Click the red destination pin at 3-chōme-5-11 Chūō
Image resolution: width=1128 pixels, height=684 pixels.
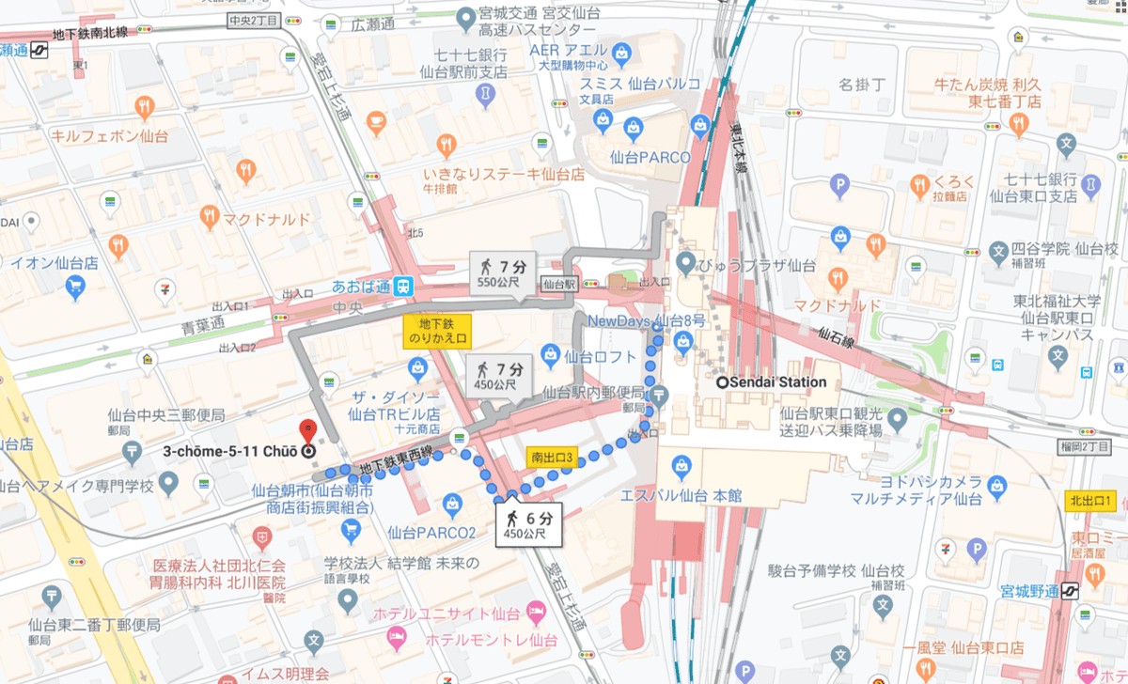point(306,433)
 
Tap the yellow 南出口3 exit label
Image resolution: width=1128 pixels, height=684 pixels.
point(550,459)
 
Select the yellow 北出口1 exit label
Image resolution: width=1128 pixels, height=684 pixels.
point(1089,501)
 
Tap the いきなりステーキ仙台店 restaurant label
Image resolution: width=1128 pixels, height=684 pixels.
point(504,174)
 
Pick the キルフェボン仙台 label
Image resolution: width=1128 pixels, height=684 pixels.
point(110,135)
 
